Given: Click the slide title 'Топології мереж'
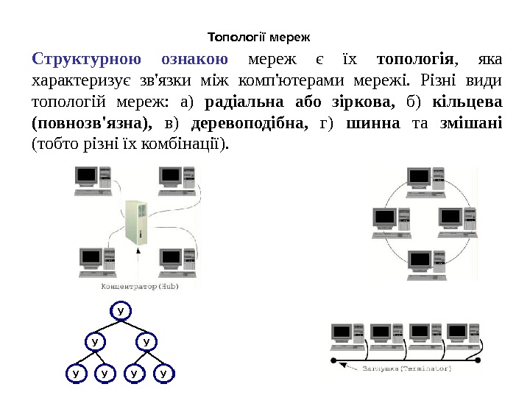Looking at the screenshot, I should pos(259,35).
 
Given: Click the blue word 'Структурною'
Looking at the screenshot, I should pos(82,59).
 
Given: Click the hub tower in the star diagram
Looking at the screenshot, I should pos(135,223).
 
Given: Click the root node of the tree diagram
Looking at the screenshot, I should pos(121,310).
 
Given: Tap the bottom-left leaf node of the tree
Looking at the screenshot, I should pos(75,374).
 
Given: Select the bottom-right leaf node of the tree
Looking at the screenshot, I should pos(164,374).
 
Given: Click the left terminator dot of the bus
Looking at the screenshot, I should pos(333,361).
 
